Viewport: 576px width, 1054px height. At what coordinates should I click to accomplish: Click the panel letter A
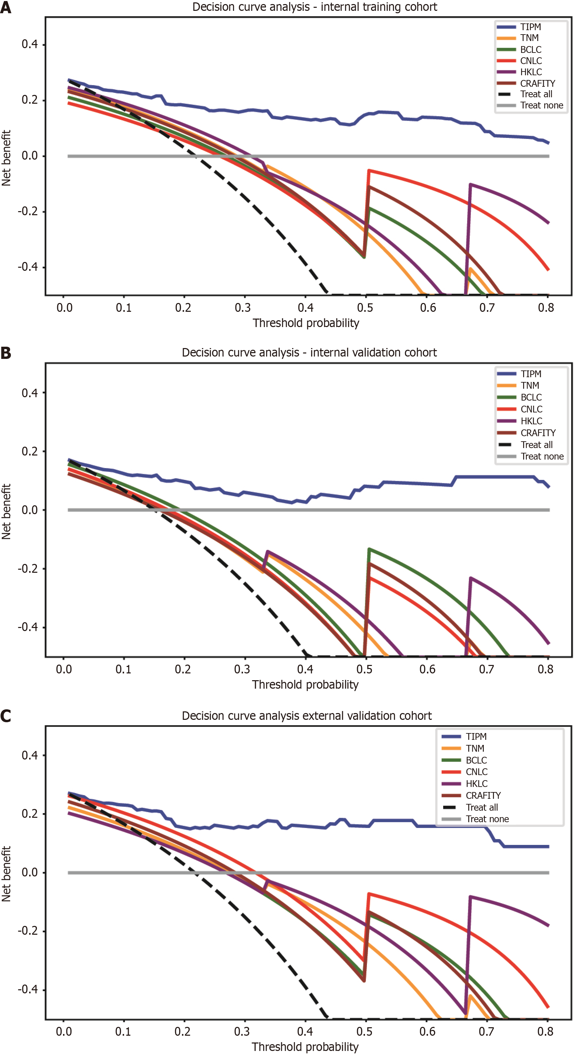click(x=6, y=7)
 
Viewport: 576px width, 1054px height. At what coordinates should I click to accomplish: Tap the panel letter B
click(x=6, y=353)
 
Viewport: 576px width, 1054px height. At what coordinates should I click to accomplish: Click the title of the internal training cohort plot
click(x=314, y=7)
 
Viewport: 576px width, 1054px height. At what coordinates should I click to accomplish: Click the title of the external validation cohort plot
click(x=307, y=716)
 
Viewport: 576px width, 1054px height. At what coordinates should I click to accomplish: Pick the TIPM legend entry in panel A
click(x=531, y=27)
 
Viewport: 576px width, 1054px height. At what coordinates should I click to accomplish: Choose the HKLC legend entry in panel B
click(x=531, y=421)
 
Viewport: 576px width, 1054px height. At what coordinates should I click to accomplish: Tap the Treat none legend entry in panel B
click(x=542, y=456)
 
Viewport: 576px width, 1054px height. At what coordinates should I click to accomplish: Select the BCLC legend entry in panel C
click(x=476, y=760)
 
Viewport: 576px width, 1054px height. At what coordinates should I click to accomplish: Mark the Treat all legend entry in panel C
click(x=481, y=807)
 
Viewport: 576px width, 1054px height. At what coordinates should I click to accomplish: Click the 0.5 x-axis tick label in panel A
click(x=365, y=308)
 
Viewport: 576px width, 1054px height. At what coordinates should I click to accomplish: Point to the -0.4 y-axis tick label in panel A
click(x=28, y=267)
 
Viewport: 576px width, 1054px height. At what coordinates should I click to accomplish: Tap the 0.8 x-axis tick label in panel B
click(x=545, y=669)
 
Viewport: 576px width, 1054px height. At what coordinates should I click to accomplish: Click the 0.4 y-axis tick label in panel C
click(x=30, y=755)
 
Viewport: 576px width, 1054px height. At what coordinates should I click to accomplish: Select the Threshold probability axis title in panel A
click(x=306, y=323)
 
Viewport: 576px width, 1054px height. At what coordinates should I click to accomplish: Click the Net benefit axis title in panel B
click(x=6, y=511)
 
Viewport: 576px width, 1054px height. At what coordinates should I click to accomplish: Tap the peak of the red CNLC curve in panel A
click(x=369, y=170)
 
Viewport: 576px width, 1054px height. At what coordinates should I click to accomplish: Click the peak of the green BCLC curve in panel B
click(x=369, y=549)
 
